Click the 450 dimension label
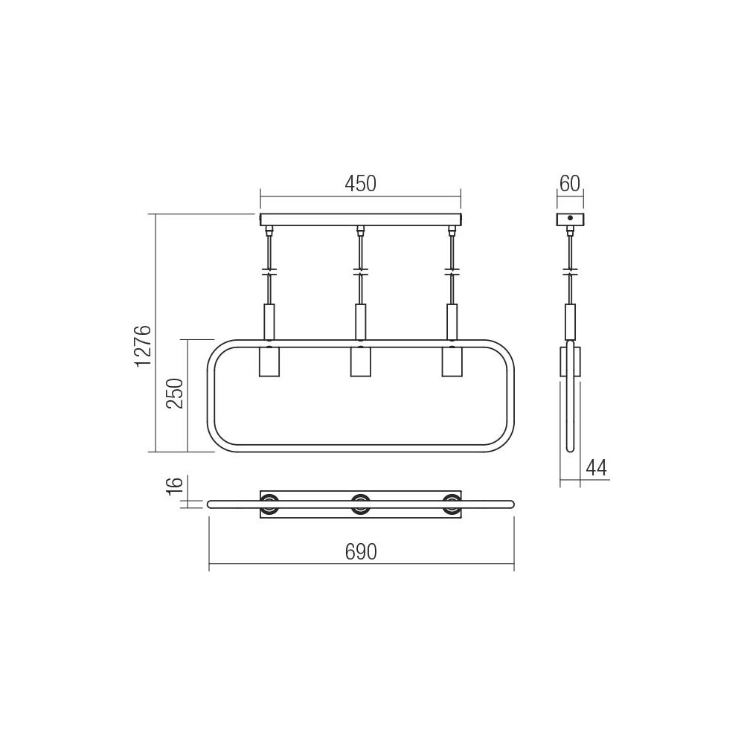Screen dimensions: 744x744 click(360, 184)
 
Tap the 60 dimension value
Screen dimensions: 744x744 click(570, 184)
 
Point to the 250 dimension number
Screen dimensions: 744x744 click(175, 394)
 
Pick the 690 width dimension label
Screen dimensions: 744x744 click(361, 552)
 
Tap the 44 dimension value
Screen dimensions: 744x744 click(596, 468)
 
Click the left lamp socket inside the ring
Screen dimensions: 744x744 click(268, 362)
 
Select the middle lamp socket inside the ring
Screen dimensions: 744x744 click(360, 362)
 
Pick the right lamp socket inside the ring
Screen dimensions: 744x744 click(452, 362)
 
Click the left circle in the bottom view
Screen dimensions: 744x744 click(269, 504)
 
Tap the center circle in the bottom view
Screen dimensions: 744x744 click(360, 504)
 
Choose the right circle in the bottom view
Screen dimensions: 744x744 click(452, 504)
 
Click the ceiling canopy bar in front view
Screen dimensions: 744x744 click(360, 219)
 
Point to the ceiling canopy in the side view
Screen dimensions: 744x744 click(571, 219)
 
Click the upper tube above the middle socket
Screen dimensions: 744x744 click(360, 320)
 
